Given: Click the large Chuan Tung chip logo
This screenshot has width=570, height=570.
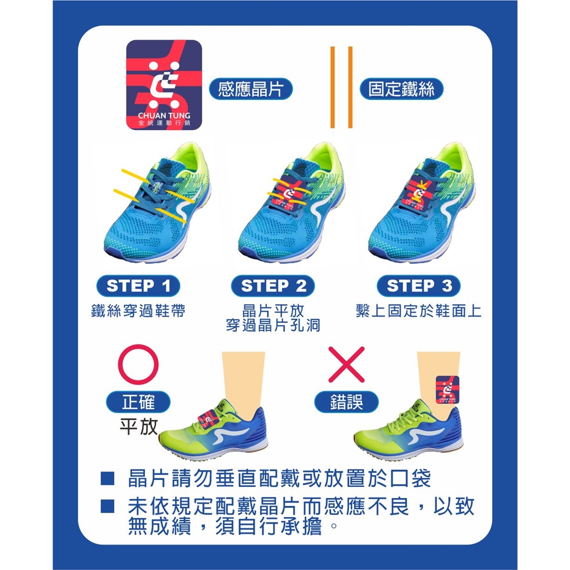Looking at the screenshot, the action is coord(164,85).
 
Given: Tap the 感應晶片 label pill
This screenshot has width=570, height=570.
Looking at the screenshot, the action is coord(251,89).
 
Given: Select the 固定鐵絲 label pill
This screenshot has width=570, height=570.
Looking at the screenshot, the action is coord(401,89).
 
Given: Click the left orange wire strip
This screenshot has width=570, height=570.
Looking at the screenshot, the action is coord(332,87).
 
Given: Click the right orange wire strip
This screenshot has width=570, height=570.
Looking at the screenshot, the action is coord(350,87).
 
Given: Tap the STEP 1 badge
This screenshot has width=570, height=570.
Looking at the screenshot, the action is coord(138,286).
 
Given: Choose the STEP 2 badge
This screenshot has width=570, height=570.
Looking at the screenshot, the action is coord(273,286).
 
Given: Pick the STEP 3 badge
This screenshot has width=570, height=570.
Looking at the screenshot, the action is coord(419,286).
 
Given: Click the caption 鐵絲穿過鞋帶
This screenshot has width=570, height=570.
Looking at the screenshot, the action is coord(138,311).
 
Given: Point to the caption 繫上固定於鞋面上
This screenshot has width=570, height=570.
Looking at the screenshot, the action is coord(419,311).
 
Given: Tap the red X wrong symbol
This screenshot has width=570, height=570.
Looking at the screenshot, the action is coord(346,364).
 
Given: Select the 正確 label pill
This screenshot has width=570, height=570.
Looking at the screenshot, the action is coord(138,402).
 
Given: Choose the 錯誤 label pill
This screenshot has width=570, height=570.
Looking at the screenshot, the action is coord(346,402).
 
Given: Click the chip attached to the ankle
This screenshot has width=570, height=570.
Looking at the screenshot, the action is coord(447,390).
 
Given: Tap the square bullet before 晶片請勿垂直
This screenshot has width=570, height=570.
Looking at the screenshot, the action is coord(108,478).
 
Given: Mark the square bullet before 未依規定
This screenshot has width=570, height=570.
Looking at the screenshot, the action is coord(108,506).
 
